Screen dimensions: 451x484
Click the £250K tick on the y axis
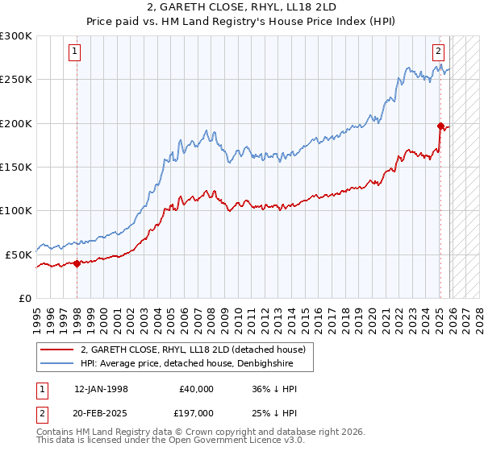tap(16, 80)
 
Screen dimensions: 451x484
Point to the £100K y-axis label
tap(16, 210)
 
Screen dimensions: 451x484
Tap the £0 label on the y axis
tap(24, 298)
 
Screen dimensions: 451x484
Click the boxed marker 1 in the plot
tap(74, 52)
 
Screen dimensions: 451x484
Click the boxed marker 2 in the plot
tap(438, 52)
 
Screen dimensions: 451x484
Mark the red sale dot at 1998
tap(77, 263)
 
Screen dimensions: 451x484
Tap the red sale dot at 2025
tap(440, 126)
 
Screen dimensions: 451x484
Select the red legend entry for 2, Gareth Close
tap(193, 350)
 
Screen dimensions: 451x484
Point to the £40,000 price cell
tap(195, 388)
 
